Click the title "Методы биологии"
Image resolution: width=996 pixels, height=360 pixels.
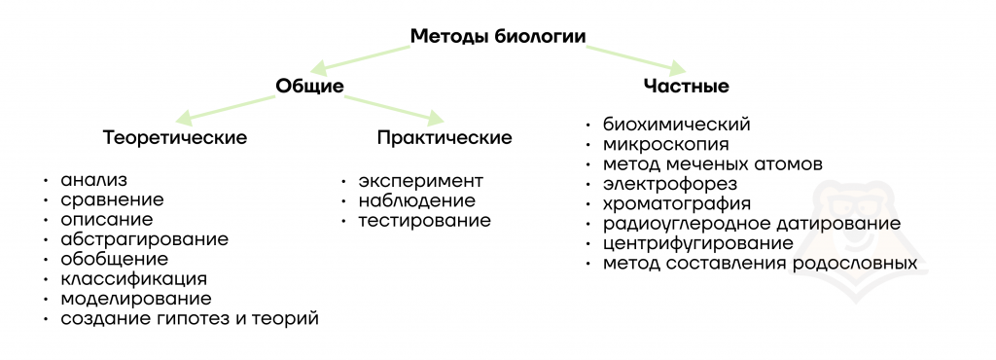pos(497,36)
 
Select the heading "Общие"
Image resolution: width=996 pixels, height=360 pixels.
pos(309,86)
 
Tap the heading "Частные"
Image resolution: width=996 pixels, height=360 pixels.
pos(686,87)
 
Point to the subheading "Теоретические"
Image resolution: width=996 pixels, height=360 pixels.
pos(175,138)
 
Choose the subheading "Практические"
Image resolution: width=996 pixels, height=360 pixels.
pos(444,138)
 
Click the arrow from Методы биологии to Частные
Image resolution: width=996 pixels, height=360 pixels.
pos(635,55)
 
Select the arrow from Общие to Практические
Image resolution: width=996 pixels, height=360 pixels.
pos(394,107)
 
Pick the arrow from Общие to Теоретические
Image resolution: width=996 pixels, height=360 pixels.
pos(226,107)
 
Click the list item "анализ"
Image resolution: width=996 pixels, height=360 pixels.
pos(94,180)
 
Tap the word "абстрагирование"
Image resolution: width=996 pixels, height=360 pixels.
pos(145,240)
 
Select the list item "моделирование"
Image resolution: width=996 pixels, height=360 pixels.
pos(136,299)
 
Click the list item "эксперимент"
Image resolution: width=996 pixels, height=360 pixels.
pos(420,181)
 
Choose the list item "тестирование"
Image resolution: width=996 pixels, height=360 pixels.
pos(424,220)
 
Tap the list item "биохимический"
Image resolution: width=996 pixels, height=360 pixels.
pos(677,125)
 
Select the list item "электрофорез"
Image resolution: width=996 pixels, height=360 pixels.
pos(670,184)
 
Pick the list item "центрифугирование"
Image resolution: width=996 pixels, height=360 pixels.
pos(698,244)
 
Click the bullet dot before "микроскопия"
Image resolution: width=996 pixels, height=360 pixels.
pos(589,145)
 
